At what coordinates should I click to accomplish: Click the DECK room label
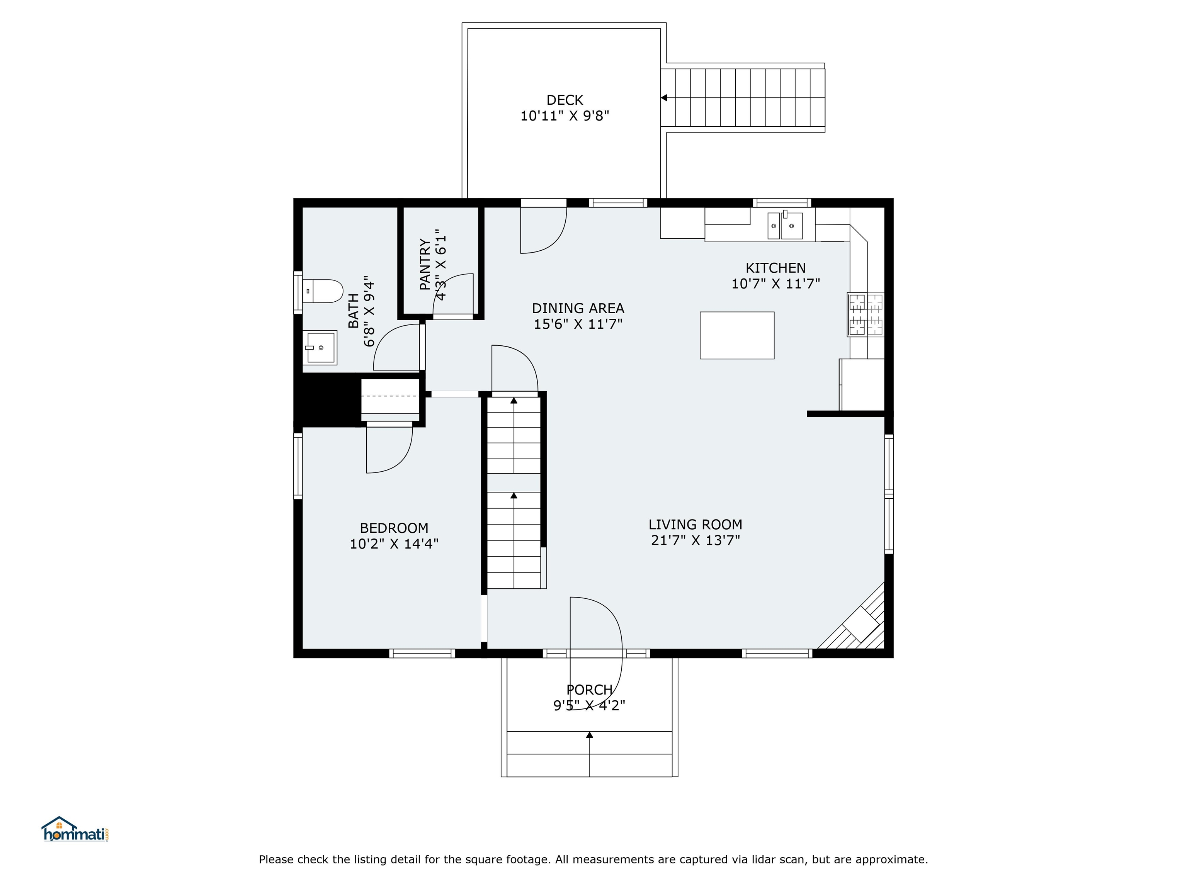(565, 100)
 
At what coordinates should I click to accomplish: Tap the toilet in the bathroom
(323, 291)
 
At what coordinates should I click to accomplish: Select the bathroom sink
(320, 348)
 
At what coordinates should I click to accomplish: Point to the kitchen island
(737, 335)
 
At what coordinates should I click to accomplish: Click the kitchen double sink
(785, 225)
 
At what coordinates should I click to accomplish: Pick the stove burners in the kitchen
(866, 314)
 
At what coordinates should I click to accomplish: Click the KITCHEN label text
(775, 268)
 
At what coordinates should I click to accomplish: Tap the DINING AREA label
(578, 309)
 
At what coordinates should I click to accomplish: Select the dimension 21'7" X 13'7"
(696, 540)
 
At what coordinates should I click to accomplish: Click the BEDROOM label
(394, 528)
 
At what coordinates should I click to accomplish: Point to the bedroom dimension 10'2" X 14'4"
(394, 544)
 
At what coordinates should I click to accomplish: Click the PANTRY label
(425, 265)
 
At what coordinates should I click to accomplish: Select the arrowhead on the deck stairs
(664, 98)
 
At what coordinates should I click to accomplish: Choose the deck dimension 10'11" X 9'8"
(565, 115)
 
